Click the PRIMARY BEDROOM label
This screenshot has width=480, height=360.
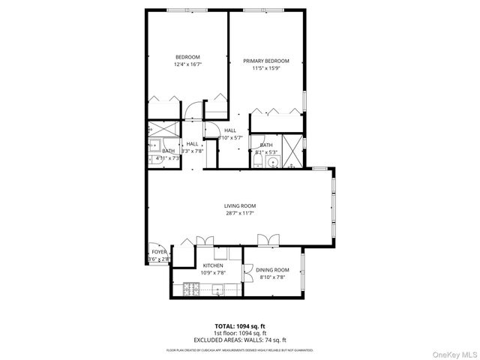[266, 60]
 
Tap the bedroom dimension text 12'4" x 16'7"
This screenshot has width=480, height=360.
[188, 64]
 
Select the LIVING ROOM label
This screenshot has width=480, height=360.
[240, 205]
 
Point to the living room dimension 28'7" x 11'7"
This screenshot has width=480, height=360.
[240, 213]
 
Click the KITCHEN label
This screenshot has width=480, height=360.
[212, 265]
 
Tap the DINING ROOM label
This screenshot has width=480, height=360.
[272, 270]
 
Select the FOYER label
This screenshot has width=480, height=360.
[158, 252]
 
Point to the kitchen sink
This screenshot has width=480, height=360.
[218, 289]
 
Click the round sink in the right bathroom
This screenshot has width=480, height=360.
[274, 161]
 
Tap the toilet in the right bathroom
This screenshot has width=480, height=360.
[257, 159]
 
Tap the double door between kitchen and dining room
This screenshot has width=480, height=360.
[245, 274]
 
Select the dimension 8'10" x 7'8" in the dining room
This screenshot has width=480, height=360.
[272, 277]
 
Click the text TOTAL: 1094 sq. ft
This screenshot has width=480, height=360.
[239, 326]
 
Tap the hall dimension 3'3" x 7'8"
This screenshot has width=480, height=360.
[192, 151]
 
